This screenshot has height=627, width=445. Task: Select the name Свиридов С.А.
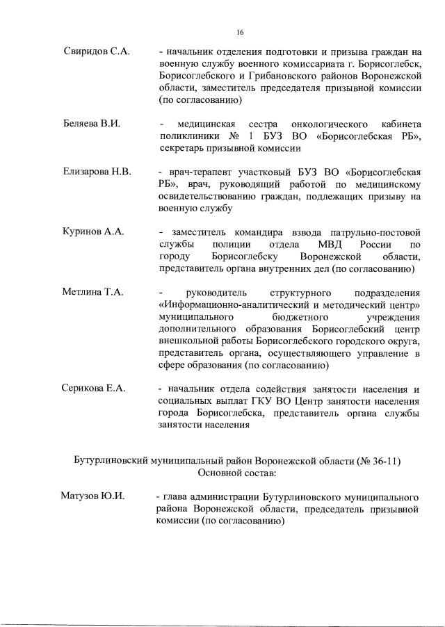(92, 53)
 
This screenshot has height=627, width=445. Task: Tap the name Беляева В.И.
(89, 124)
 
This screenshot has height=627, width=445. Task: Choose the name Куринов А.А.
(90, 231)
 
